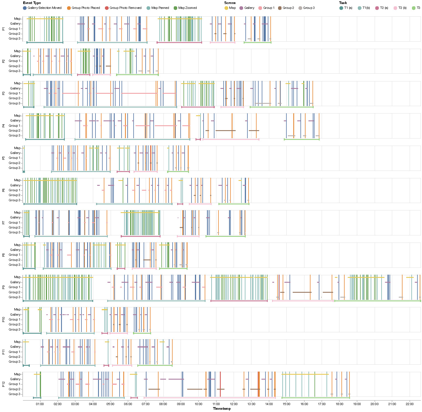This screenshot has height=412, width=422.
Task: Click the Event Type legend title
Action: point(32,3)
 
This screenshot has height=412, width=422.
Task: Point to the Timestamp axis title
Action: point(222,409)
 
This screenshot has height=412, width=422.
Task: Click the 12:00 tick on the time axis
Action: point(234,404)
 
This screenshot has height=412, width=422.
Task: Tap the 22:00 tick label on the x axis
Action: point(410,404)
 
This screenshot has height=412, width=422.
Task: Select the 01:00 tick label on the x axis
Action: point(40,404)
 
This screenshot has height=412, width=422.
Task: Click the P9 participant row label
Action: point(3,287)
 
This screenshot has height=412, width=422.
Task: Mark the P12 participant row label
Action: point(3,384)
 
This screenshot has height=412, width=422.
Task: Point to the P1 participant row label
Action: point(3,29)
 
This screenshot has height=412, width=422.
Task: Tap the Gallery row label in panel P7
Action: point(15,218)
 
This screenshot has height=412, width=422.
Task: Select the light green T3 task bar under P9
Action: point(378,301)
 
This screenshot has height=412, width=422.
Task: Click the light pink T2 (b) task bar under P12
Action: point(210,398)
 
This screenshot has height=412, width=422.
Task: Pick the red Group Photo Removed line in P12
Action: point(220,384)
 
